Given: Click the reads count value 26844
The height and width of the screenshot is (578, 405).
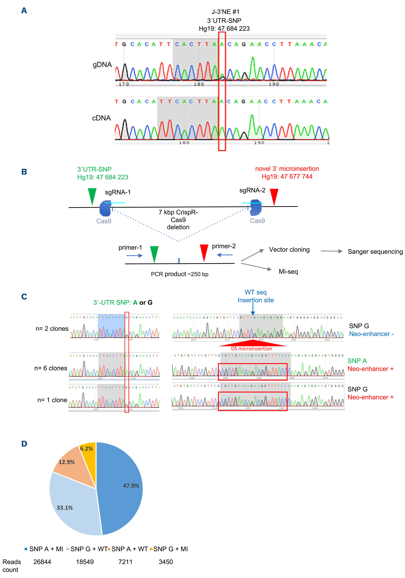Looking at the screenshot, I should click(x=42, y=562).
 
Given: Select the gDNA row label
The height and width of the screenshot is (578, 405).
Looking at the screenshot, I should click(x=102, y=65).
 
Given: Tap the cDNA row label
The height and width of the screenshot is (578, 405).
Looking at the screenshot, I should click(x=101, y=118).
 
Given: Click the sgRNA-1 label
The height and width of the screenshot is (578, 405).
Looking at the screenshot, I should click(x=118, y=192).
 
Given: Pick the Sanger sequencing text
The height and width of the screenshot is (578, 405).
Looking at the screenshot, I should click(x=375, y=252).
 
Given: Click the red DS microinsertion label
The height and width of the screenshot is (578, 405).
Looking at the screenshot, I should click(x=251, y=349).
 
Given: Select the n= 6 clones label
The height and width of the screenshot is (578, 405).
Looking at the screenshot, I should click(x=51, y=368).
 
